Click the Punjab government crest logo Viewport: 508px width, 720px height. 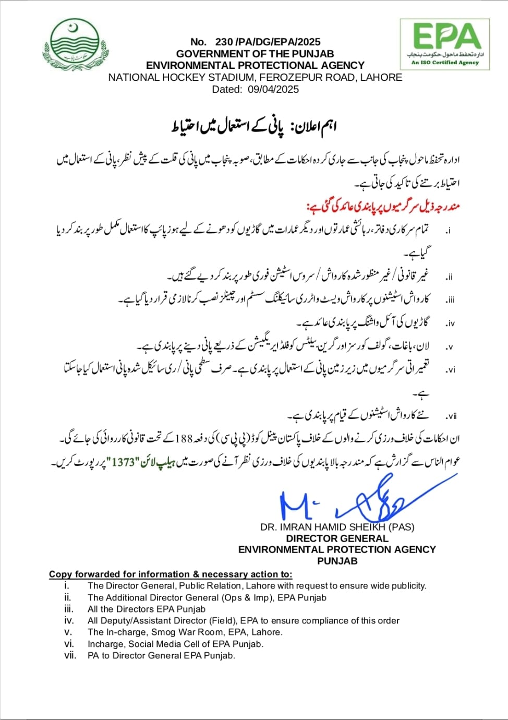point(76,46)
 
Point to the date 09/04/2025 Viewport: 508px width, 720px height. point(273,89)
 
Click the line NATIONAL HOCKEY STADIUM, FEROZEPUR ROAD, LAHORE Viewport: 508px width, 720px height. point(255,77)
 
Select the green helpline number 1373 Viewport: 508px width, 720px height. point(123,462)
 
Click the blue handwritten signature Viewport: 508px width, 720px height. point(360,501)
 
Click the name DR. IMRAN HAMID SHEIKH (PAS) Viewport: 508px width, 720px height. point(337,527)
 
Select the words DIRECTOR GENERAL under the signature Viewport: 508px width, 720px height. point(337,538)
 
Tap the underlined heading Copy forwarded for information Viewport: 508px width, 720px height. point(171,574)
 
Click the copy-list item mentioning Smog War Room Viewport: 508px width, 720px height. point(185,632)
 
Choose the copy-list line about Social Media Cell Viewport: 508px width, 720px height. point(175,644)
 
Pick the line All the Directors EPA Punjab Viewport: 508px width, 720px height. point(146,609)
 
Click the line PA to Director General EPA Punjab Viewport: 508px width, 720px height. point(161,655)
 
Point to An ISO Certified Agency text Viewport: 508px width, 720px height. point(445,63)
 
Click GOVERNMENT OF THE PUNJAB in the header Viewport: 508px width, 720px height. point(255,54)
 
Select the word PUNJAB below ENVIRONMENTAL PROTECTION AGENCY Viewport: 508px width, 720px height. point(337,561)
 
